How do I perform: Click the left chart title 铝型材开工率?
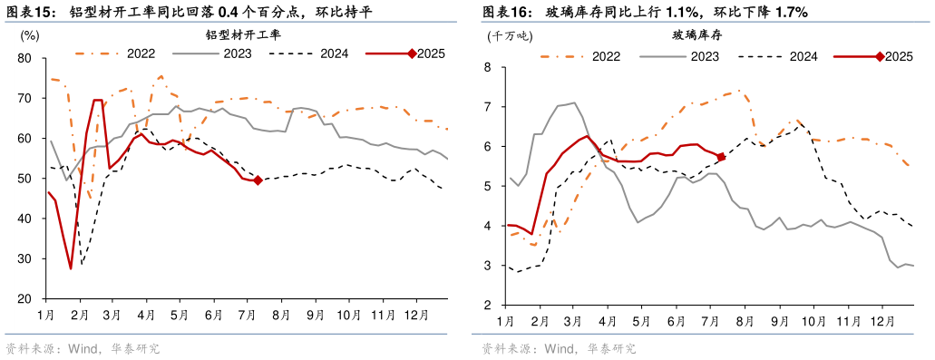click(x=244, y=35)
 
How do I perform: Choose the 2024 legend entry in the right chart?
click(x=803, y=56)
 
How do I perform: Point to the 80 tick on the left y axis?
click(x=24, y=58)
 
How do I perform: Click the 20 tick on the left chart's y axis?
click(x=24, y=298)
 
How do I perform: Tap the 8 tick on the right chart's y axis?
click(x=487, y=67)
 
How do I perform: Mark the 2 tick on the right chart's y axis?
click(x=487, y=305)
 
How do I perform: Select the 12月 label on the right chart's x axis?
click(x=882, y=320)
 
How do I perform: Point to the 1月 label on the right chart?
click(x=506, y=320)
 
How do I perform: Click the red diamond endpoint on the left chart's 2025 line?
click(x=258, y=180)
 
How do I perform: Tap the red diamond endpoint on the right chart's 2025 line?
click(x=721, y=157)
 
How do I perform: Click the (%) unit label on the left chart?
click(x=29, y=36)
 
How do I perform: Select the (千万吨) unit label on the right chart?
click(x=510, y=36)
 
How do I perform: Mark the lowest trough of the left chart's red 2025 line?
click(x=71, y=268)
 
